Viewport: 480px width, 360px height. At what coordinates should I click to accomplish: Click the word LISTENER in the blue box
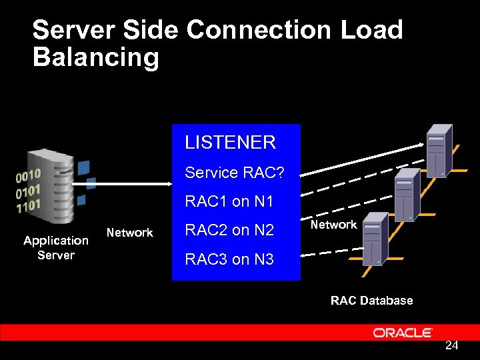(x=230, y=142)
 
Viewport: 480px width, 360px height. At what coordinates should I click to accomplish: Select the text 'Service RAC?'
(x=234, y=173)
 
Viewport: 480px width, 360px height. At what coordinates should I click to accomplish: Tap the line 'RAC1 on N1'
(x=229, y=201)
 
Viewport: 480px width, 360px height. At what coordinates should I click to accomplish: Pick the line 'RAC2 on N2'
(x=229, y=230)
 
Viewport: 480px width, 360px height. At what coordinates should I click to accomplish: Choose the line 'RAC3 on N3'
(x=229, y=259)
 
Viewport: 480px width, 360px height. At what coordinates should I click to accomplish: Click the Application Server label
(x=56, y=247)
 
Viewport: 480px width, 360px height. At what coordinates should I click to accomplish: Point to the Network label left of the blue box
(x=130, y=233)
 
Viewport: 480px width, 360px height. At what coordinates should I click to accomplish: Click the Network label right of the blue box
(x=333, y=225)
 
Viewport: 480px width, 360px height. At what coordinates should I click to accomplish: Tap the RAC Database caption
(x=371, y=301)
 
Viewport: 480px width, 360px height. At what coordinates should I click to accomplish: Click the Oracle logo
(x=403, y=332)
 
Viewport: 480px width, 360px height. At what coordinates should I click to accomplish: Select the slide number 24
(x=451, y=345)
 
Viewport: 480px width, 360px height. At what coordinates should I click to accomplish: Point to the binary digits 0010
(x=29, y=176)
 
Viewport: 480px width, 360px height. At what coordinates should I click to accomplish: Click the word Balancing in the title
(x=96, y=57)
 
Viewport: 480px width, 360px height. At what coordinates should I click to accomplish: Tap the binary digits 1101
(x=29, y=205)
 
